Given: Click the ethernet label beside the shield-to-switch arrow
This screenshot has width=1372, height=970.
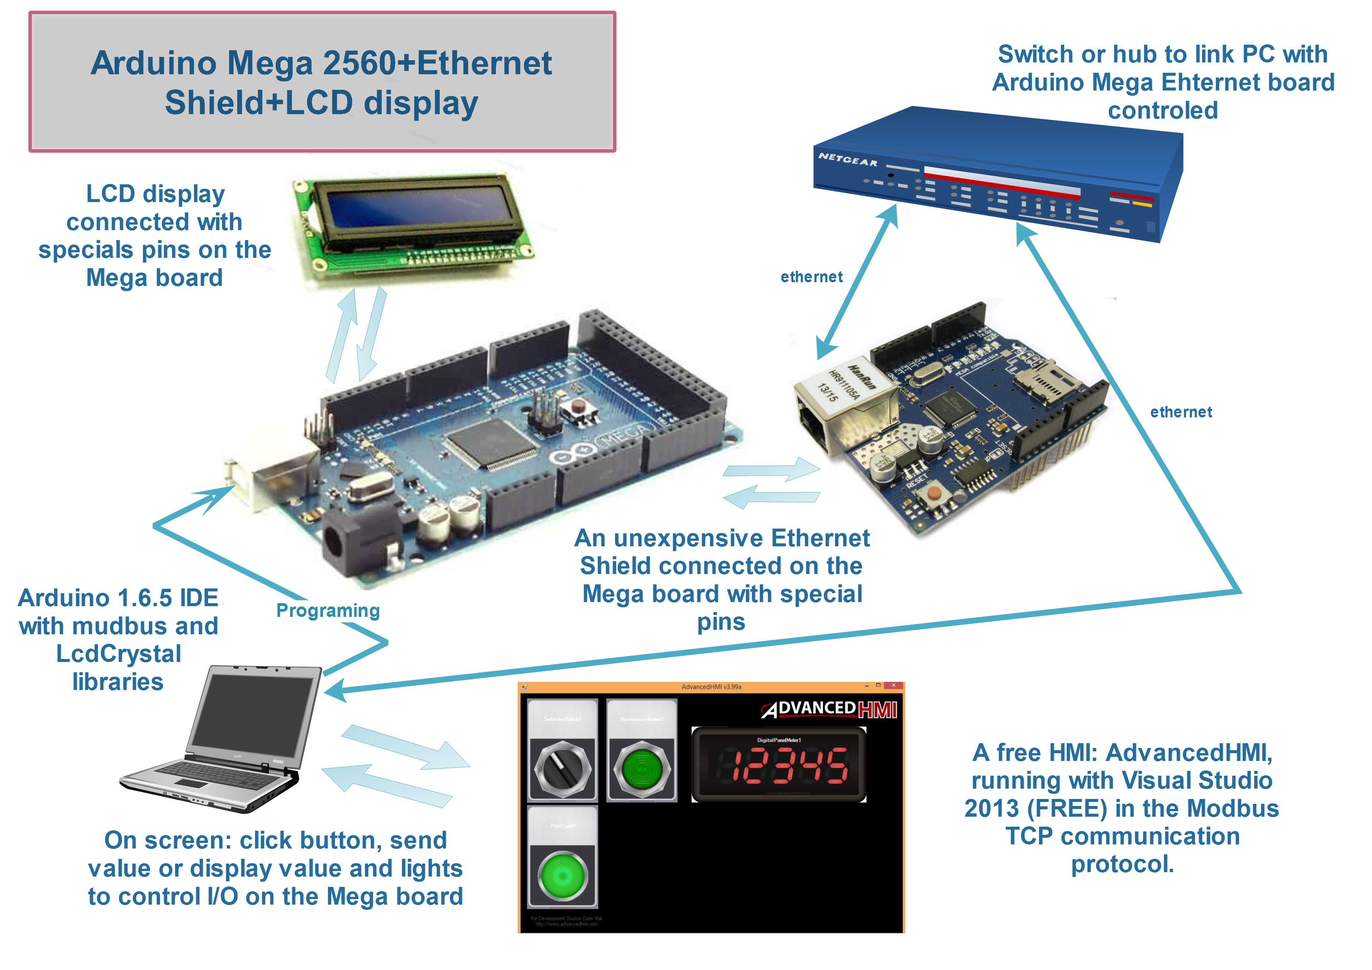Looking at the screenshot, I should coord(811,277).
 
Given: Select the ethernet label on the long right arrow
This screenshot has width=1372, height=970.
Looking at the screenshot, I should coord(1181,412).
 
